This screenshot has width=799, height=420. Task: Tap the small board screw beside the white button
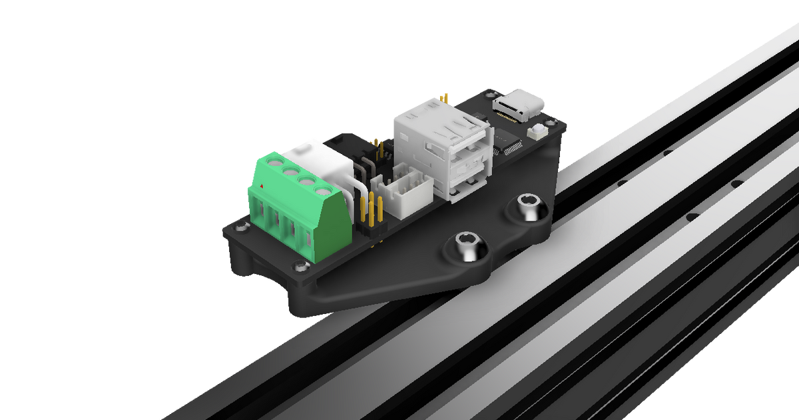pyautogui.click(x=550, y=121)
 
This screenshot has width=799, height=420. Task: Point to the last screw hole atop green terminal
pyautogui.click(x=322, y=193)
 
